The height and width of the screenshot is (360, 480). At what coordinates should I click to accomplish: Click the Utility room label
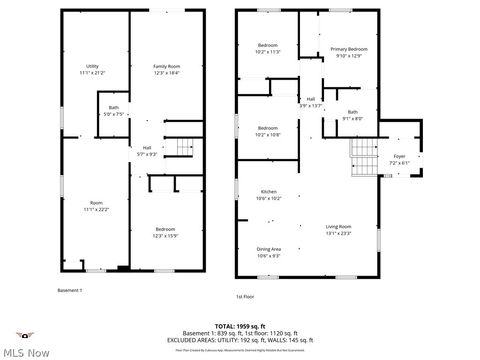(92, 69)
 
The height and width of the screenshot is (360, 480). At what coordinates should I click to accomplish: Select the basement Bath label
(113, 111)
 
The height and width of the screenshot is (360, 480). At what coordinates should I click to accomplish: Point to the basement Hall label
(146, 151)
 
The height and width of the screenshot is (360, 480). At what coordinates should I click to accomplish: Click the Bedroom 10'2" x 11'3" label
(268, 49)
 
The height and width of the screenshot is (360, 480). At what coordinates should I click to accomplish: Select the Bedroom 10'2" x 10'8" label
(268, 131)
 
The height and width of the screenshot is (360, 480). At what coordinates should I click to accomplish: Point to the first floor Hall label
(311, 102)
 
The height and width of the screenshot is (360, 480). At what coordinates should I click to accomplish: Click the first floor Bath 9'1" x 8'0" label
(352, 115)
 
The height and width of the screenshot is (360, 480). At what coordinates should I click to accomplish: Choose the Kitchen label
(268, 195)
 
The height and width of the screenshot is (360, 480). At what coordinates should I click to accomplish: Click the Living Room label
(338, 231)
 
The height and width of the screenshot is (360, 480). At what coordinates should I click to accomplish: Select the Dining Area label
(268, 251)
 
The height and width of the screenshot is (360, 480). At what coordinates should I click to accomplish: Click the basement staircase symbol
(182, 148)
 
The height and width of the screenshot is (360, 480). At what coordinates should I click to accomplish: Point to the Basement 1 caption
(70, 290)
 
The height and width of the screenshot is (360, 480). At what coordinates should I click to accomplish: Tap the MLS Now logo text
(27, 352)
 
